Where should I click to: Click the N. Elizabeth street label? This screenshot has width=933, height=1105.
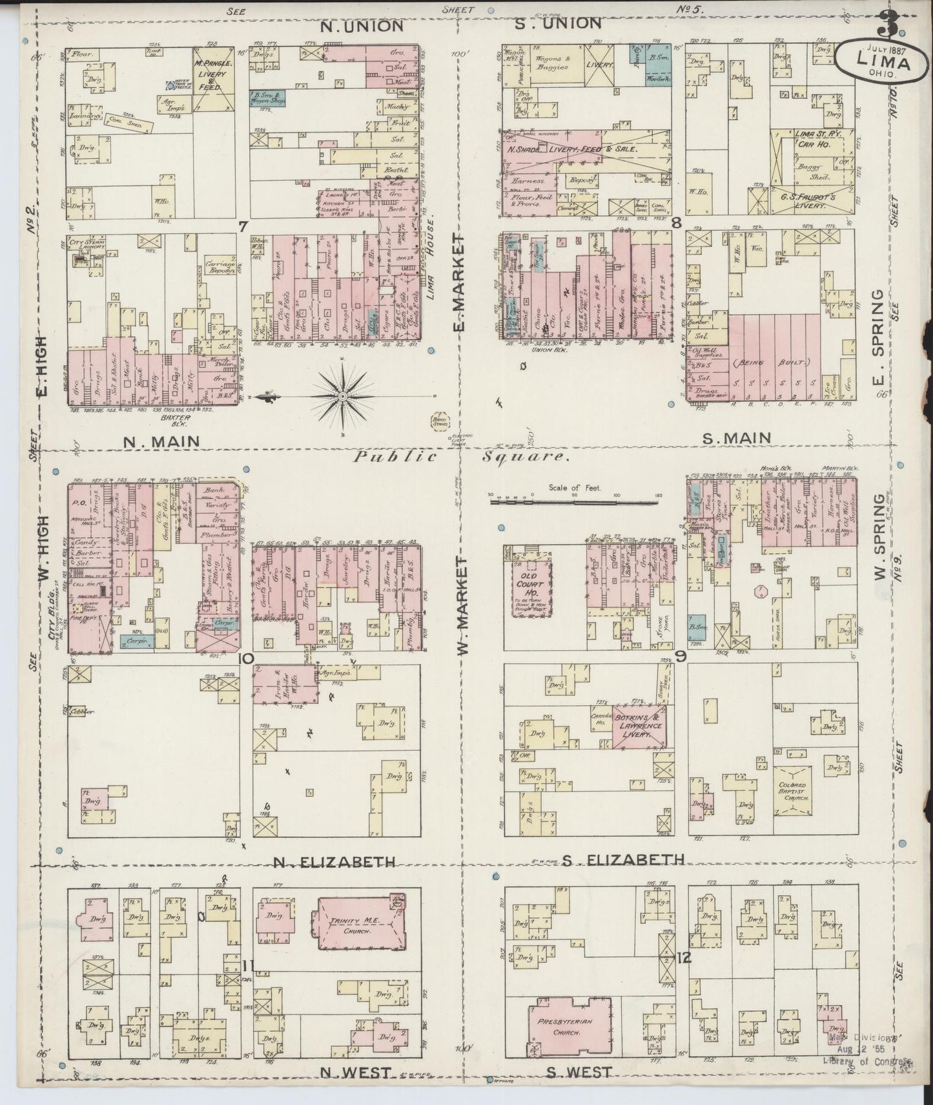click(333, 861)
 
